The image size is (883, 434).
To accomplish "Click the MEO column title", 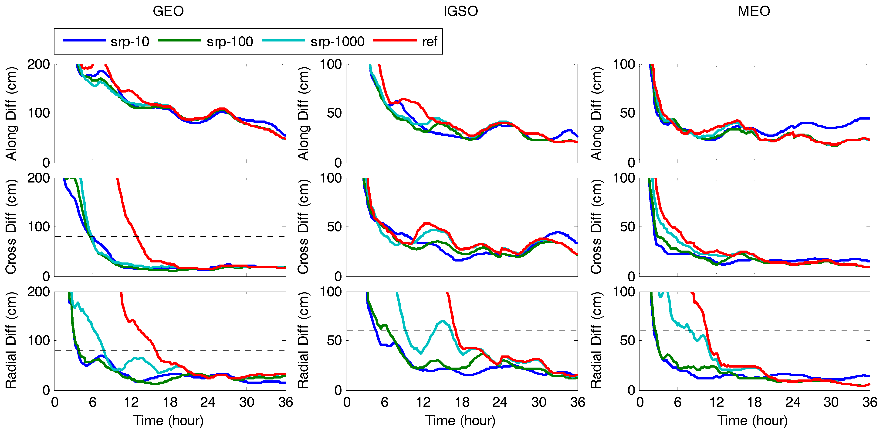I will tap(754, 11).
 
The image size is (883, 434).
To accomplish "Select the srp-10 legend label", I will tap(130, 41).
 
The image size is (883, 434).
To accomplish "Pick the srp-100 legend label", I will tap(230, 41).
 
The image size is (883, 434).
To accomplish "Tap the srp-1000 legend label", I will tap(337, 41).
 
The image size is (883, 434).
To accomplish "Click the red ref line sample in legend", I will tap(395, 41).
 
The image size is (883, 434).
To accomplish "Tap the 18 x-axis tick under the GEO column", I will tap(170, 402).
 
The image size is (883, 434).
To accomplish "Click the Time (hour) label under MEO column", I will tap(752, 421).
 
